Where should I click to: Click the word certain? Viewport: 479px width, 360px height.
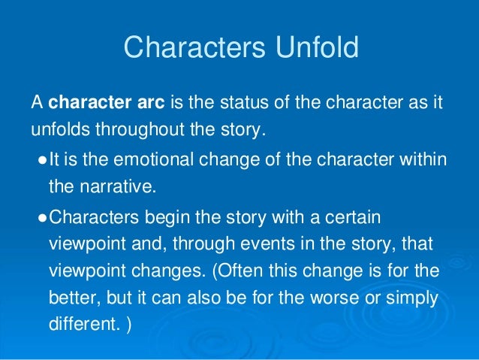[357, 218]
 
